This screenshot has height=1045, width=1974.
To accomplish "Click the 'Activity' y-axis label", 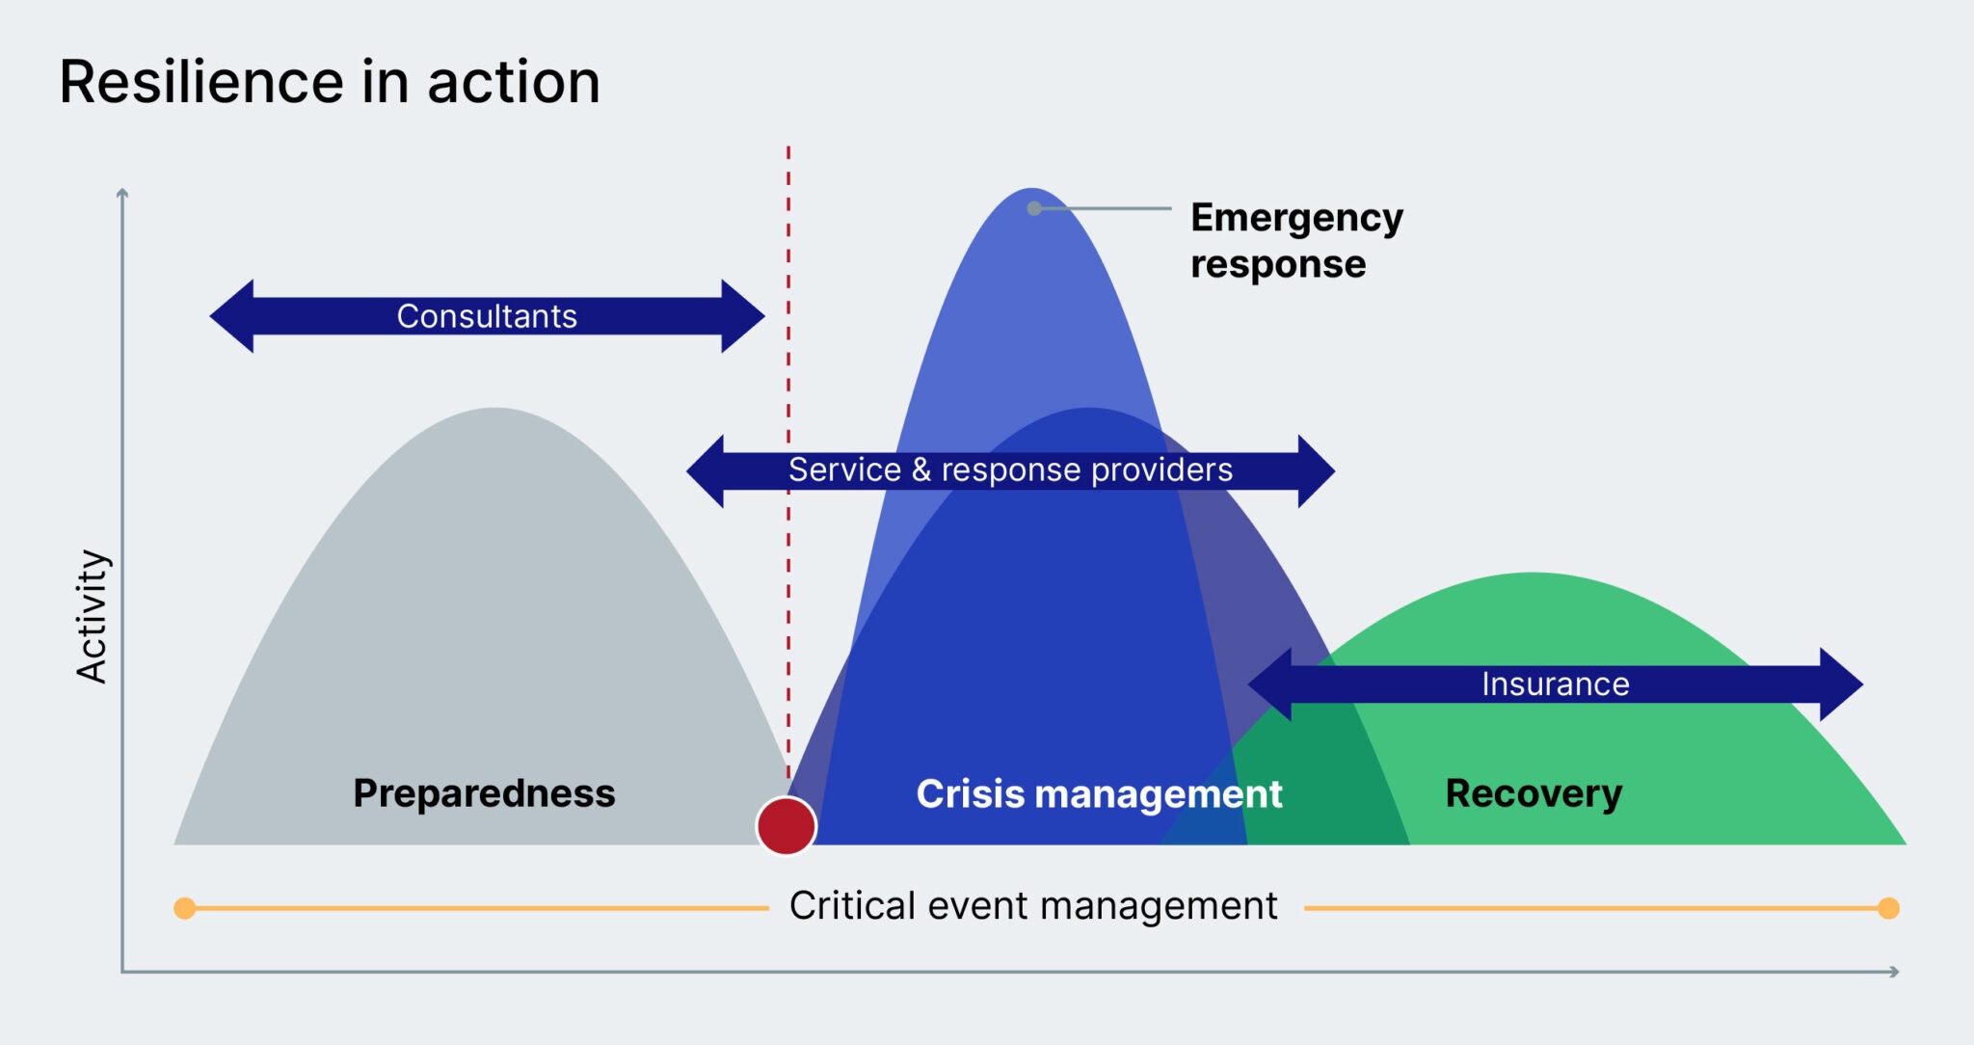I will [93, 617].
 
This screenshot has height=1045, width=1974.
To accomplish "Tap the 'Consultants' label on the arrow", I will [487, 316].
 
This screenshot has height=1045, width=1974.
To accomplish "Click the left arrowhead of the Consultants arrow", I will [233, 316].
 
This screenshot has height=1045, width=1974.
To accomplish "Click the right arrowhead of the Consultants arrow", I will [742, 316].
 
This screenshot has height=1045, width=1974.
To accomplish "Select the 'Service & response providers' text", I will [1010, 470].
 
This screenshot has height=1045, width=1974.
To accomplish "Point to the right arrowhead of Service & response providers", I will [1315, 471].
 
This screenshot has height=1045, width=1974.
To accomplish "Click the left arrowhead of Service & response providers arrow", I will [707, 471].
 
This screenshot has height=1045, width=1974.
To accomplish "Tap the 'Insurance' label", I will [1555, 684].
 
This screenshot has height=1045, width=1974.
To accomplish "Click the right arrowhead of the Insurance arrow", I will [1841, 684].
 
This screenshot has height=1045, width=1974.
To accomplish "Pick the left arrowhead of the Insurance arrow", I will [1270, 684].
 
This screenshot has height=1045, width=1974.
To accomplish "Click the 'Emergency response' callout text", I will [1295, 241].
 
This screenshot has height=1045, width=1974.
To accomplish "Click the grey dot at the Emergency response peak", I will [1034, 208].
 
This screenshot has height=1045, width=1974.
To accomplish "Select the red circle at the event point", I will [787, 826].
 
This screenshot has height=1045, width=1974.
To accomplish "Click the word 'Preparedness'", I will [484, 793].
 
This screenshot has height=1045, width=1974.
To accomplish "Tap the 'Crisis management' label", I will [1099, 794].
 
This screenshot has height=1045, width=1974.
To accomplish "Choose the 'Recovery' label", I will [1534, 793].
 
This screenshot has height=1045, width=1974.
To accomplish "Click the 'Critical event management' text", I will [1033, 906].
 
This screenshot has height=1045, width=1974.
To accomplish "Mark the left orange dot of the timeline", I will [185, 908].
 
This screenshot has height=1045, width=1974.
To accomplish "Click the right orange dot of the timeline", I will [1888, 908].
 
